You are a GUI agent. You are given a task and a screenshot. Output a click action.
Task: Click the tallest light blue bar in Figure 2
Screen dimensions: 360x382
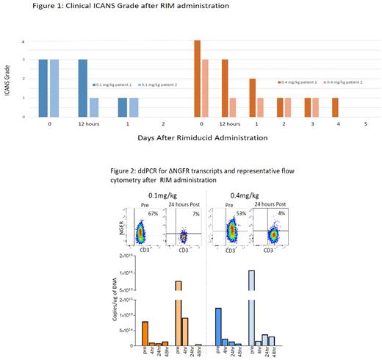click(x=252, y=308)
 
